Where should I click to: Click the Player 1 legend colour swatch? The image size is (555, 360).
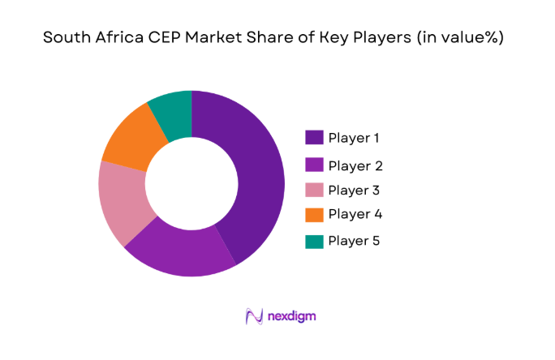tap(314, 137)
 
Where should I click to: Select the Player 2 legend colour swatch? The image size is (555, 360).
tap(314, 165)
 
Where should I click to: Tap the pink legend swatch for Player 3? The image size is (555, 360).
tap(314, 191)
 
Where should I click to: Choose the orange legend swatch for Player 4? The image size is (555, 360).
tap(314, 215)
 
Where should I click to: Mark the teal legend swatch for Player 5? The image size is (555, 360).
tap(314, 241)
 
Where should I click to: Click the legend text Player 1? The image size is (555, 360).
tap(354, 137)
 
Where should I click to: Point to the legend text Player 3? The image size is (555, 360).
tap(355, 191)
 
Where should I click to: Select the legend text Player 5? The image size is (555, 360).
tap(355, 241)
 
